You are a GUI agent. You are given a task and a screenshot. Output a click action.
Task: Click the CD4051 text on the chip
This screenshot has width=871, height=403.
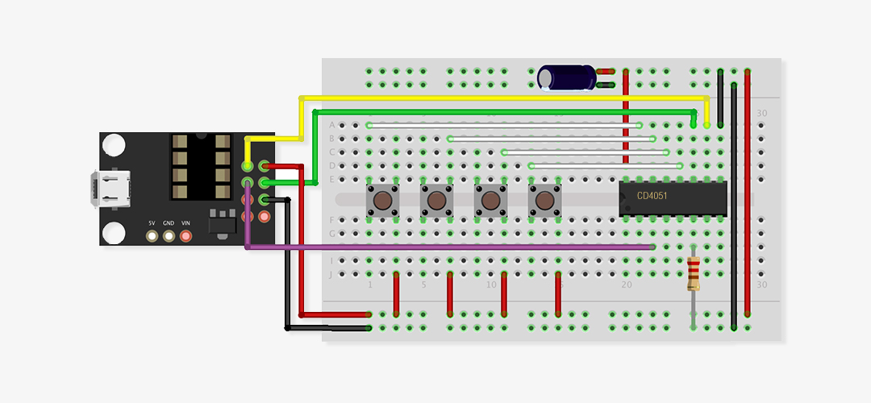(x=652, y=195)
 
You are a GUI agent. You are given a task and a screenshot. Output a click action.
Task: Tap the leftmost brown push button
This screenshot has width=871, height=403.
(x=381, y=199)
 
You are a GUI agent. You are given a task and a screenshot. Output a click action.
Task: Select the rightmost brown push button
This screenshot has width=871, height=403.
(x=544, y=199)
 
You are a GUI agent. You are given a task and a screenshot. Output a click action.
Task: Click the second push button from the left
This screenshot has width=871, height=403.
(x=436, y=199)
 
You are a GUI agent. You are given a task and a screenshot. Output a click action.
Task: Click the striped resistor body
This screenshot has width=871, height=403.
(x=694, y=273)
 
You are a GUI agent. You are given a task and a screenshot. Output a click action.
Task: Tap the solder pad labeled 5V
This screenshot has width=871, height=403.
(x=152, y=236)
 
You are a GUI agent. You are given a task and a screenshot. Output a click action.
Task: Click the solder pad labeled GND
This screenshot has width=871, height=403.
(x=169, y=236)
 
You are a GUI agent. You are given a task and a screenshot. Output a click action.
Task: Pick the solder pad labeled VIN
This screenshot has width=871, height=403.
(x=186, y=236)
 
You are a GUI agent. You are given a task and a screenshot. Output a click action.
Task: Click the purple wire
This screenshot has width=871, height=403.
(x=452, y=246)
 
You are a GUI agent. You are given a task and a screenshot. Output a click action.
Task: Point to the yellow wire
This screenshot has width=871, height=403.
(x=500, y=98)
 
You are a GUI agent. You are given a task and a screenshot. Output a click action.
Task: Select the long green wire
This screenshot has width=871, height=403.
(x=500, y=111)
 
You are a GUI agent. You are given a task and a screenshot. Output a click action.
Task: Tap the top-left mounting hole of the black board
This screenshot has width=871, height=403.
(x=115, y=146)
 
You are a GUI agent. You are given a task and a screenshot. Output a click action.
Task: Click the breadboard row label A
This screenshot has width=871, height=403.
(x=331, y=125)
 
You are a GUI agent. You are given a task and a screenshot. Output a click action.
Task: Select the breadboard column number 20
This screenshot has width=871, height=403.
(x=626, y=285)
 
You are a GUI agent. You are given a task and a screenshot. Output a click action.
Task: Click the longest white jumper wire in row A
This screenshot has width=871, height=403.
(x=504, y=125)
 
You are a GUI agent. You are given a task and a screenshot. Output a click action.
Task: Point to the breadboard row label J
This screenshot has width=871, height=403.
(x=331, y=274)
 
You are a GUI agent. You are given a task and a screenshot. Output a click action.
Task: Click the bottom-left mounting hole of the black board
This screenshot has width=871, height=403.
(x=115, y=231)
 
